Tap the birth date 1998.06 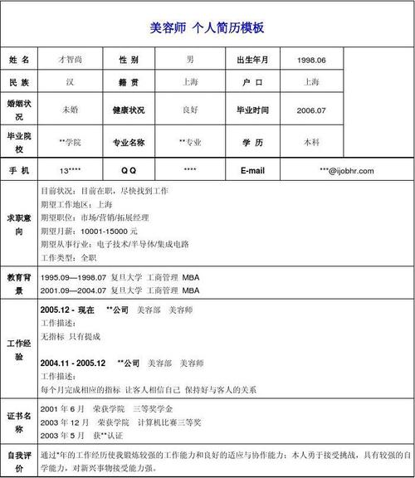(311, 61)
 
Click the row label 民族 (19, 82)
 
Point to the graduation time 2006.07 (311, 110)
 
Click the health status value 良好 (190, 110)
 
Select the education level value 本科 (311, 142)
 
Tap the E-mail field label (252, 171)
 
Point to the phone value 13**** (70, 171)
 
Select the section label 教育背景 (19, 283)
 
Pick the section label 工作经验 (19, 349)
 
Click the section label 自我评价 (19, 456)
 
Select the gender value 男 (190, 61)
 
